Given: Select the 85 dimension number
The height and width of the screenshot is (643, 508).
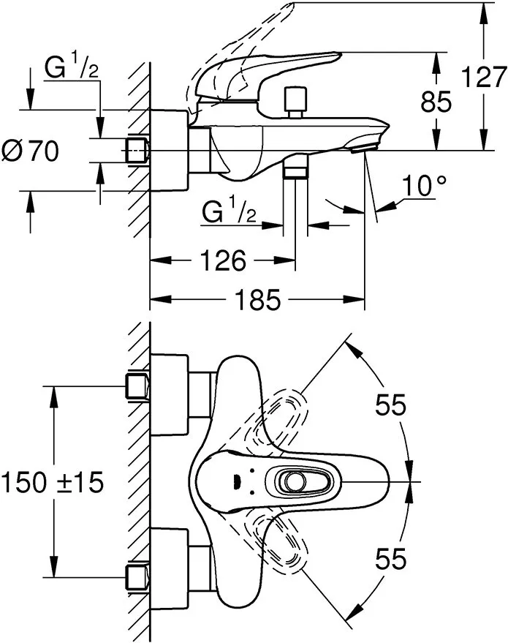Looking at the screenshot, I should pyautogui.click(x=437, y=102).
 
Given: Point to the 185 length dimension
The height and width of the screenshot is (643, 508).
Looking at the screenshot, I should pyautogui.click(x=258, y=300).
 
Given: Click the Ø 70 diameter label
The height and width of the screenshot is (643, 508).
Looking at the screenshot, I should pyautogui.click(x=30, y=151).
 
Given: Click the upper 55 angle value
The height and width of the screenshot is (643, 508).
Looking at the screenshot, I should pyautogui.click(x=390, y=405).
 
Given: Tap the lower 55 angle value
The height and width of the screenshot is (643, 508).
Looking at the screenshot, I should pyautogui.click(x=390, y=560).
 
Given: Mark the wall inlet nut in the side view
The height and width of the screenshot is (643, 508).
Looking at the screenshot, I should pyautogui.click(x=137, y=151).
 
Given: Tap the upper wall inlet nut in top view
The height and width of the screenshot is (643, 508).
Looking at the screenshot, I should pyautogui.click(x=137, y=386).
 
